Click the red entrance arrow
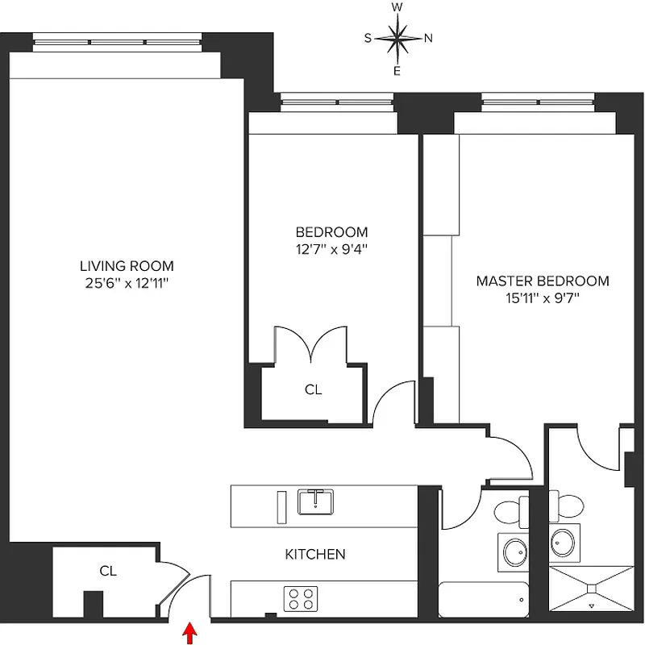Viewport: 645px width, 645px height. point(190,633)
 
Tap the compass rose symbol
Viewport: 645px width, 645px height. point(397,38)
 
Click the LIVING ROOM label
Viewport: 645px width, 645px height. point(127,266)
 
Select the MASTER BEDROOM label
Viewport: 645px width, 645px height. point(542,281)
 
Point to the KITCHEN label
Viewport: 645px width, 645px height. point(315,555)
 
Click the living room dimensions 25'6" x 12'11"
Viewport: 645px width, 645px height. point(127,283)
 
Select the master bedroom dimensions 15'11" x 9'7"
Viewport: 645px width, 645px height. point(542,298)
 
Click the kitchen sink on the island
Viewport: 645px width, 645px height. point(317,501)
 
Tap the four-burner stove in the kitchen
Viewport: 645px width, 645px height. point(300,598)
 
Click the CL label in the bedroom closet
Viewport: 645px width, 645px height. point(313,389)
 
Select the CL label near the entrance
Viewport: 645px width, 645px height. point(108,571)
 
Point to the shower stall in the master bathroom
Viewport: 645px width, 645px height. point(592,592)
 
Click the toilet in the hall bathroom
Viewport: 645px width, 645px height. point(510,512)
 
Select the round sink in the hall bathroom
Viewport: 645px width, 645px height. point(514,552)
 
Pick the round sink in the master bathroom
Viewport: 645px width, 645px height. point(564,540)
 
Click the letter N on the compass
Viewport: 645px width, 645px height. point(429,38)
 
